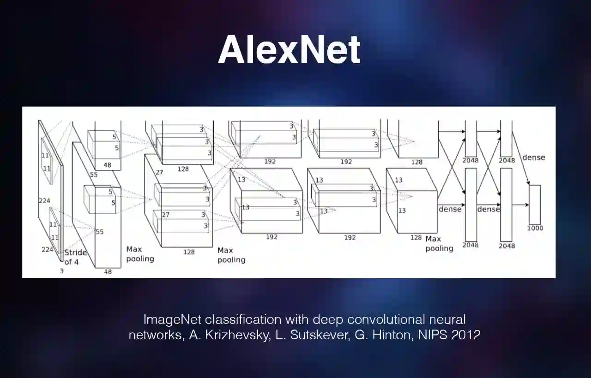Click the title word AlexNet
point(289,50)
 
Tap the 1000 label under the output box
point(535,228)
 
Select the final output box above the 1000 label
point(535,204)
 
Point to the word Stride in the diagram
point(75,253)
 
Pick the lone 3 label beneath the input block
point(61,271)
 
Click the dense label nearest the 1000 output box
point(533,157)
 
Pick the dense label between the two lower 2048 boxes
point(488,210)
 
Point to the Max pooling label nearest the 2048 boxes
point(439,244)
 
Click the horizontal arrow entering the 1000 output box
point(520,205)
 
